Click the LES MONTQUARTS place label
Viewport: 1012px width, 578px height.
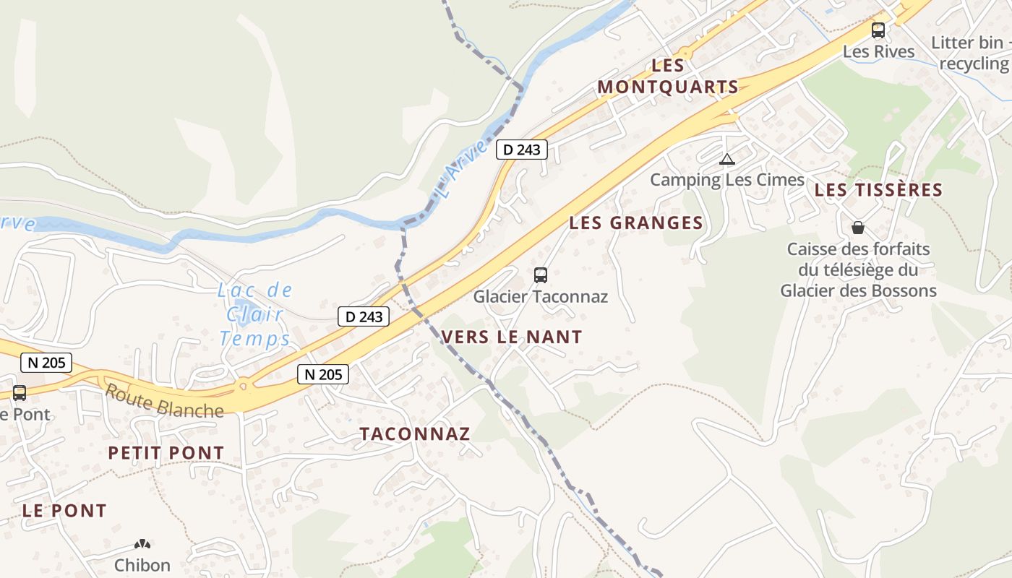668,76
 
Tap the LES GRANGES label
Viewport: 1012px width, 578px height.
636,223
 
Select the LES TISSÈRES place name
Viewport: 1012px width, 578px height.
878,190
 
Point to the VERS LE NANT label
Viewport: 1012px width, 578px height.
511,337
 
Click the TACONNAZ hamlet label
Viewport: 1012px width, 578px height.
415,433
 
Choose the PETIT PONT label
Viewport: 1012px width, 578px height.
166,453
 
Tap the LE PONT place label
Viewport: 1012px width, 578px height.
64,510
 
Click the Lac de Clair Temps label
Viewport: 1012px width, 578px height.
256,314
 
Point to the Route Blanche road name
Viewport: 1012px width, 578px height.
164,401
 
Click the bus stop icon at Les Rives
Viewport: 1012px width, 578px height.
878,30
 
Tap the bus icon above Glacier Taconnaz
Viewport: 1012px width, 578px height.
540,275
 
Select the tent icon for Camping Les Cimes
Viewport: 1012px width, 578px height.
727,159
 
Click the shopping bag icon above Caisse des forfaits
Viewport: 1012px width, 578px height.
857,228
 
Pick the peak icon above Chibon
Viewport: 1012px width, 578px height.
142,543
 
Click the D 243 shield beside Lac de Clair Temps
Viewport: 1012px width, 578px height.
364,316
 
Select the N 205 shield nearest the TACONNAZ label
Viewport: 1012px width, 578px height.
323,374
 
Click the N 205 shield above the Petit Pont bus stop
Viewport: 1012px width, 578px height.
46,363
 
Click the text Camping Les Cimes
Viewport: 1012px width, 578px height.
727,180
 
